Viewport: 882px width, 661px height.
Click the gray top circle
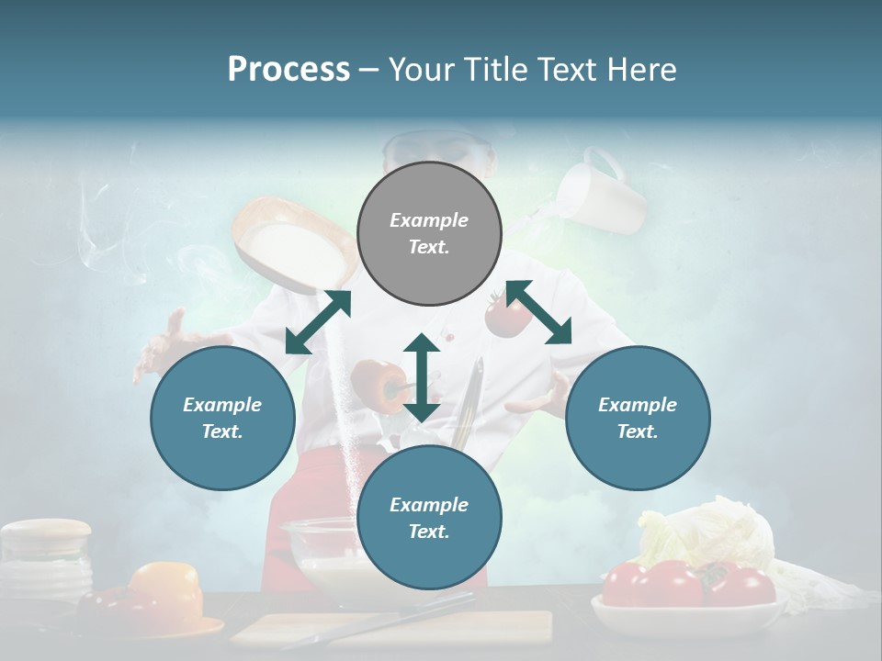[x=429, y=234]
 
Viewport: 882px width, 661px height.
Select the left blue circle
[x=222, y=418]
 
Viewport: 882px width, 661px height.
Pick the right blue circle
[x=637, y=418]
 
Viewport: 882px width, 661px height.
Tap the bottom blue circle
[x=429, y=518]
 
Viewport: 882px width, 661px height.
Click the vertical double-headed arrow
[x=422, y=377]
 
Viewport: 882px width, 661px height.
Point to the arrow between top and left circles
[x=318, y=322]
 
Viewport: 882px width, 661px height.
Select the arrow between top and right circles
[x=539, y=312]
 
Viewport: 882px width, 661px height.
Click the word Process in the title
[x=288, y=70]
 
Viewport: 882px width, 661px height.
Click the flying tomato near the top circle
[x=507, y=315]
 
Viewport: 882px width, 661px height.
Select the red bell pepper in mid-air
[x=378, y=384]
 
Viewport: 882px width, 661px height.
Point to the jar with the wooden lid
[x=46, y=555]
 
